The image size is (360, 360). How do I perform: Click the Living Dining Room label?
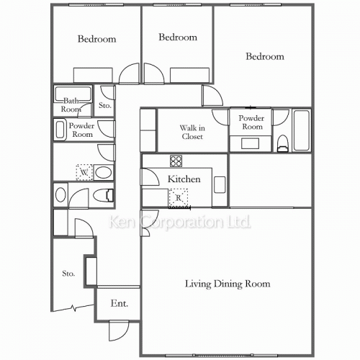(x=228, y=284)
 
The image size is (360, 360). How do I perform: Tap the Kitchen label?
(x=184, y=179)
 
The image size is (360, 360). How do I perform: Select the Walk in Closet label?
(x=192, y=132)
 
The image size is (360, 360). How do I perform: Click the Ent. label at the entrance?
(x=120, y=303)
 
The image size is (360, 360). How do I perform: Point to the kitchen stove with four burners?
(x=176, y=161)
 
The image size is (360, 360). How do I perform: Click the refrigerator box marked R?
(x=179, y=198)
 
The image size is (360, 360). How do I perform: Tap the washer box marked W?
(x=84, y=172)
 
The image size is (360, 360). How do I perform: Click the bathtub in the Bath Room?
(x=73, y=94)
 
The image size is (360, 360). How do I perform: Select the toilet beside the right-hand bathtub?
(x=282, y=143)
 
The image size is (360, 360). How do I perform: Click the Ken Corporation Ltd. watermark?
(x=180, y=222)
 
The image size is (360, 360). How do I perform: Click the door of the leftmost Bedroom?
(x=129, y=73)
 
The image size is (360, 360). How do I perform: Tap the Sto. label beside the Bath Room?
(x=105, y=105)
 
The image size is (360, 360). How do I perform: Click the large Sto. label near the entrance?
(x=68, y=274)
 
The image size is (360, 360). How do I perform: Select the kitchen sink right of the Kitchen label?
(x=220, y=185)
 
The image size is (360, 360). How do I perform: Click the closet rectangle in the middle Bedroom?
(x=189, y=75)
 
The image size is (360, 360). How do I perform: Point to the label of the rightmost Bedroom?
(x=265, y=56)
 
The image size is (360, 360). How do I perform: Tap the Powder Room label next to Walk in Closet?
(x=251, y=122)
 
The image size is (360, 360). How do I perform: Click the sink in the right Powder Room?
(x=250, y=143)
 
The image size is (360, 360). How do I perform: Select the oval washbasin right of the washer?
(x=103, y=172)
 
